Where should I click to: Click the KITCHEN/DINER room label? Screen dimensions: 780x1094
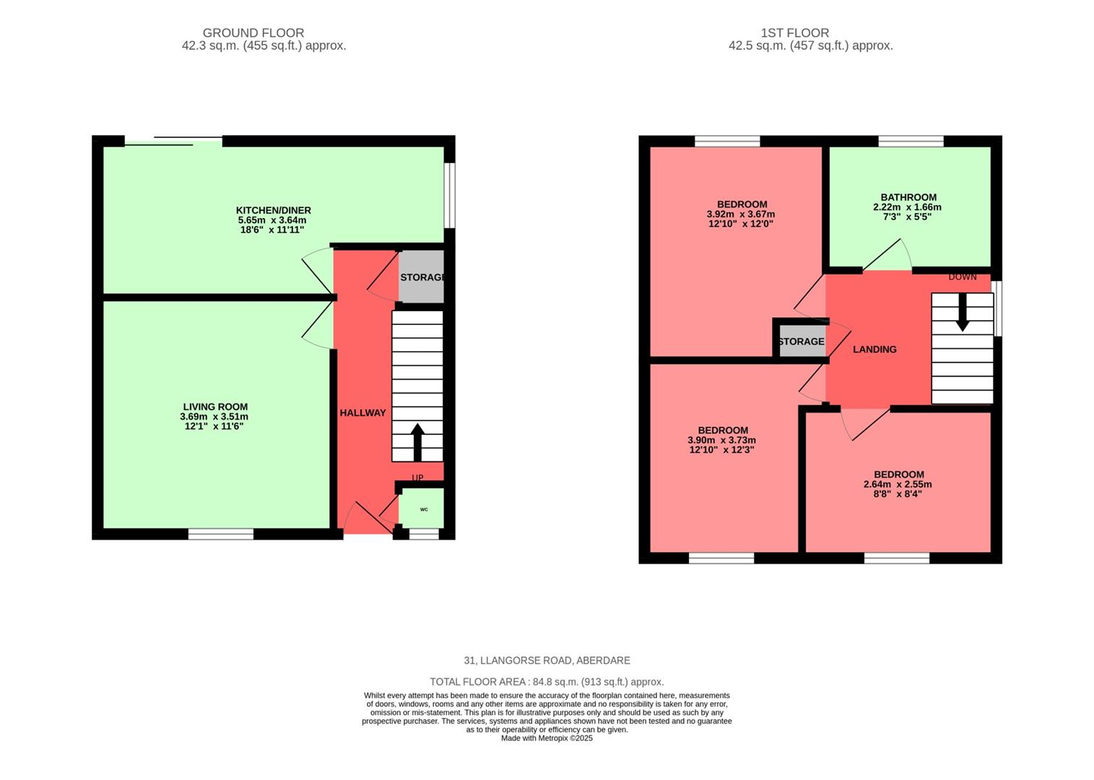(x=273, y=210)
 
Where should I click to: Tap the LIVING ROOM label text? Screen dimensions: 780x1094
(x=215, y=407)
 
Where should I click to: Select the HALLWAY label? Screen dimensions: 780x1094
(x=363, y=413)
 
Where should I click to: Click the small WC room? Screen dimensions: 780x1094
(x=423, y=509)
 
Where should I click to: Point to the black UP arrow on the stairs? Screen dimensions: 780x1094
(x=417, y=442)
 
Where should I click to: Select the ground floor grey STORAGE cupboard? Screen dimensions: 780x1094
(x=421, y=277)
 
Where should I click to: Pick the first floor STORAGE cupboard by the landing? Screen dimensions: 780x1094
(x=800, y=341)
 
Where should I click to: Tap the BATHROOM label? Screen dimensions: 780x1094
(x=908, y=197)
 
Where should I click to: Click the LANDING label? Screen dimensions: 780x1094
(x=874, y=350)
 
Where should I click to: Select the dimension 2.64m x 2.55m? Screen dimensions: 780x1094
(x=898, y=485)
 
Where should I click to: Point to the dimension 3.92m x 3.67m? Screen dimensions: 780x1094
(x=741, y=214)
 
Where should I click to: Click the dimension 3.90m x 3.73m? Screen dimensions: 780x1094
(x=722, y=441)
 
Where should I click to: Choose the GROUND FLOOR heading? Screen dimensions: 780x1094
(x=253, y=32)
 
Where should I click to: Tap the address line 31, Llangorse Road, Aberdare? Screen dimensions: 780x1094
(x=547, y=660)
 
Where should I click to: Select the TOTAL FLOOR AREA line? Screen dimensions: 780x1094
(x=547, y=682)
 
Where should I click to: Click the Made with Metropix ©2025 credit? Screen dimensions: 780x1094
(x=547, y=738)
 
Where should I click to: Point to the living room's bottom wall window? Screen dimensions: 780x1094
(x=221, y=534)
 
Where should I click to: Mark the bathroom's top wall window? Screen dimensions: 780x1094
(x=911, y=141)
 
